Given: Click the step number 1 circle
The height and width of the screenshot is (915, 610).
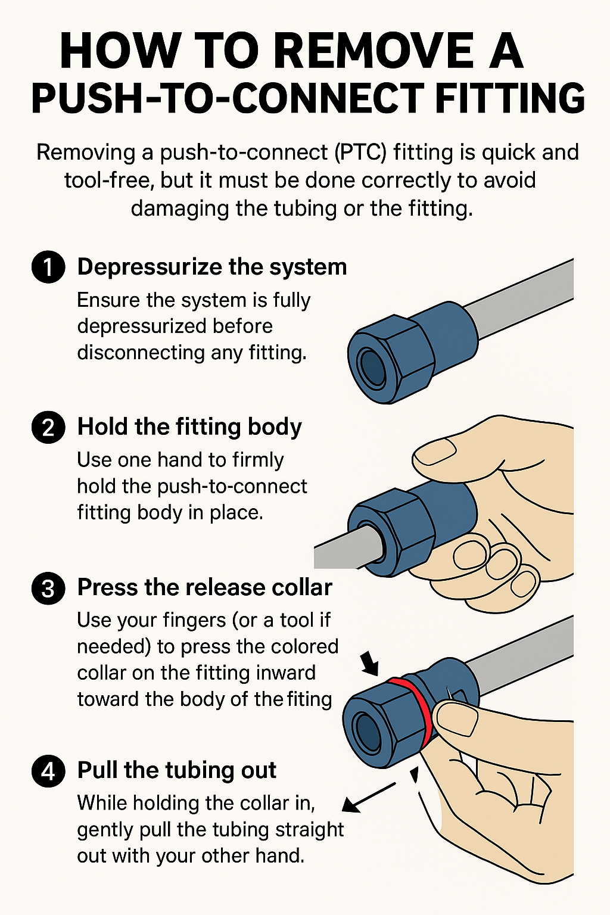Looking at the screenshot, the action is coord(48,267).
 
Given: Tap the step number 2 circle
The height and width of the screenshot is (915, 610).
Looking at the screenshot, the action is coord(48,427).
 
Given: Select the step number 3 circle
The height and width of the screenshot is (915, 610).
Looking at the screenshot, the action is coord(48,588).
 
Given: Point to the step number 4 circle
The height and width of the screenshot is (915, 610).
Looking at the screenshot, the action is coord(48,771).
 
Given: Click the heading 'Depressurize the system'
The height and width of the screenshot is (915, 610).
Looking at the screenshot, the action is coord(212,267).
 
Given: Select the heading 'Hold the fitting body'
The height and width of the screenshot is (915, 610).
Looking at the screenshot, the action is coord(189,427).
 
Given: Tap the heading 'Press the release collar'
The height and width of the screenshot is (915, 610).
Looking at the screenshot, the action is coord(205,588).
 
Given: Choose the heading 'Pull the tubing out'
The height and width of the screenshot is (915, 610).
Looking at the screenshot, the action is coord(177,771).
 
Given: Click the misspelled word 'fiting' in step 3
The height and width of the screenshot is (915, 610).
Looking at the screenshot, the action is coord(309,699).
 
